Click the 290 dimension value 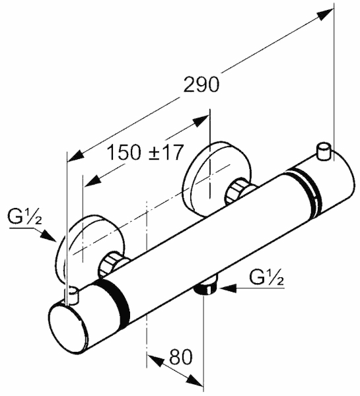(201, 84)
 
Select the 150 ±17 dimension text (145, 152)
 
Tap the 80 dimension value (181, 357)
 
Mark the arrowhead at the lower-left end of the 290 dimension (75, 155)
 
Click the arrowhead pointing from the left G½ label (49, 235)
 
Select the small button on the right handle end (324, 152)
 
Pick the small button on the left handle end (72, 295)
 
